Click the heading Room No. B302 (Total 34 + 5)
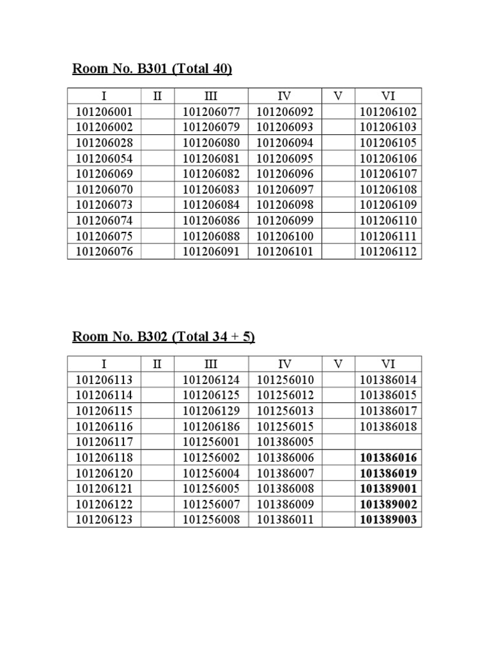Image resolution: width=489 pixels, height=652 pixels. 163,337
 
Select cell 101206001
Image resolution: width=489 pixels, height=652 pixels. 104,112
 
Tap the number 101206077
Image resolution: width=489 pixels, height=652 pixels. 211,112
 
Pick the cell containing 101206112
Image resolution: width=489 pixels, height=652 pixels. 388,252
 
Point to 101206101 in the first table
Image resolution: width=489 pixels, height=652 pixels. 285,252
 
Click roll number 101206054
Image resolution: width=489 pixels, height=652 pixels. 104,159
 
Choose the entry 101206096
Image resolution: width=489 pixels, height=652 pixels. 285,174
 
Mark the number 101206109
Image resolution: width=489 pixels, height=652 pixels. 388,205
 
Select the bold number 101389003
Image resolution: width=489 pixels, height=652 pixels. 388,520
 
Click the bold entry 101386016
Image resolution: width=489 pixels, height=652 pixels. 388,458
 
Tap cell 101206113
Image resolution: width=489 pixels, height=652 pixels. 104,380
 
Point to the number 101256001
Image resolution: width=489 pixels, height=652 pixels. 211,443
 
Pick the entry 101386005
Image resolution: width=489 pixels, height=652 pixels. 285,443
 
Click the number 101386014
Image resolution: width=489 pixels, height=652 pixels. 388,380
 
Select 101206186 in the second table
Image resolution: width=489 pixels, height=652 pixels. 211,427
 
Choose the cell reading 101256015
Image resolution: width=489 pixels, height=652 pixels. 285,427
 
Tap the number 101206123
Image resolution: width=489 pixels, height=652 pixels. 104,520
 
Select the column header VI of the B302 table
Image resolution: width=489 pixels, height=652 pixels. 388,364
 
